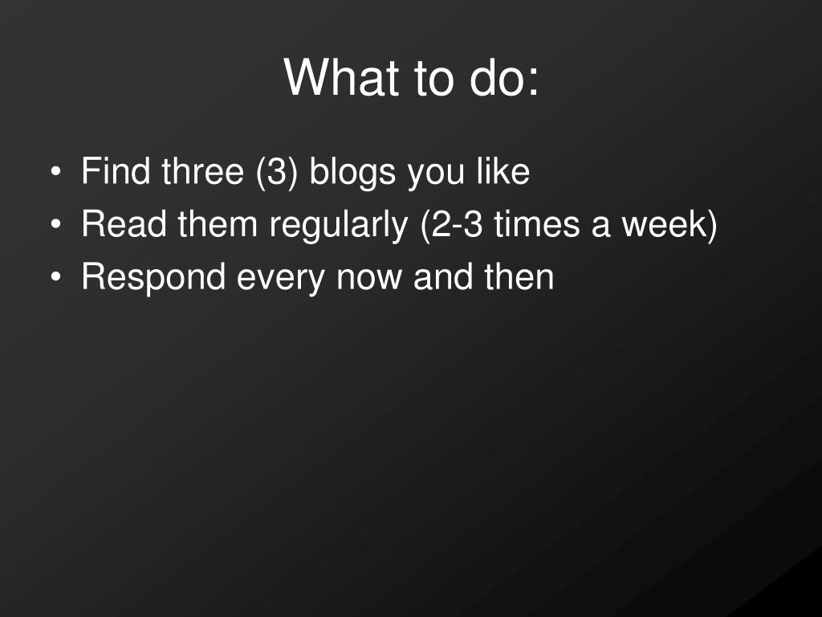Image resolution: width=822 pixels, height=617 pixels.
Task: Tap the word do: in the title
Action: tap(504, 77)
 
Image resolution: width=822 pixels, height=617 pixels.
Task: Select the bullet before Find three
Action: tap(55, 172)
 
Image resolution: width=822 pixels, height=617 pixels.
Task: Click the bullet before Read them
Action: tap(55, 224)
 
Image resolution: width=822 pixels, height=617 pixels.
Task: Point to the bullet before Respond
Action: tap(55, 276)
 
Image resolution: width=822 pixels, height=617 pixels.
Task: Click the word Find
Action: tap(116, 171)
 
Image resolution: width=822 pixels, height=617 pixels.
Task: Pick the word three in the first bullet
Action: tap(203, 171)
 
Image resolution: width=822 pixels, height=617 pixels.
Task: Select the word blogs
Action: tap(352, 174)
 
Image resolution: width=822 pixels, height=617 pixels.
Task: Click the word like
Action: tap(503, 171)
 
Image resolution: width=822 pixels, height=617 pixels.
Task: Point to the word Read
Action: tap(124, 224)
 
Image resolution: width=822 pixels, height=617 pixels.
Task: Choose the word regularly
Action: tap(339, 226)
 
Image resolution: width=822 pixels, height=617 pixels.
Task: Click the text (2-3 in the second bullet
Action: tap(451, 225)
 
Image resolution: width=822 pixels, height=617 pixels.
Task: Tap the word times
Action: tap(537, 224)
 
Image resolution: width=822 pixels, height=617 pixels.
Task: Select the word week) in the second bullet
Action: tap(669, 225)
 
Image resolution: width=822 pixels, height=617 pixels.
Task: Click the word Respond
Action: tap(153, 279)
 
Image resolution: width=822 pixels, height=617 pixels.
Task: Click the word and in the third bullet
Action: tap(443, 276)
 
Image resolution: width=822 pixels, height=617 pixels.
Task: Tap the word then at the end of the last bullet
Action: tap(519, 276)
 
